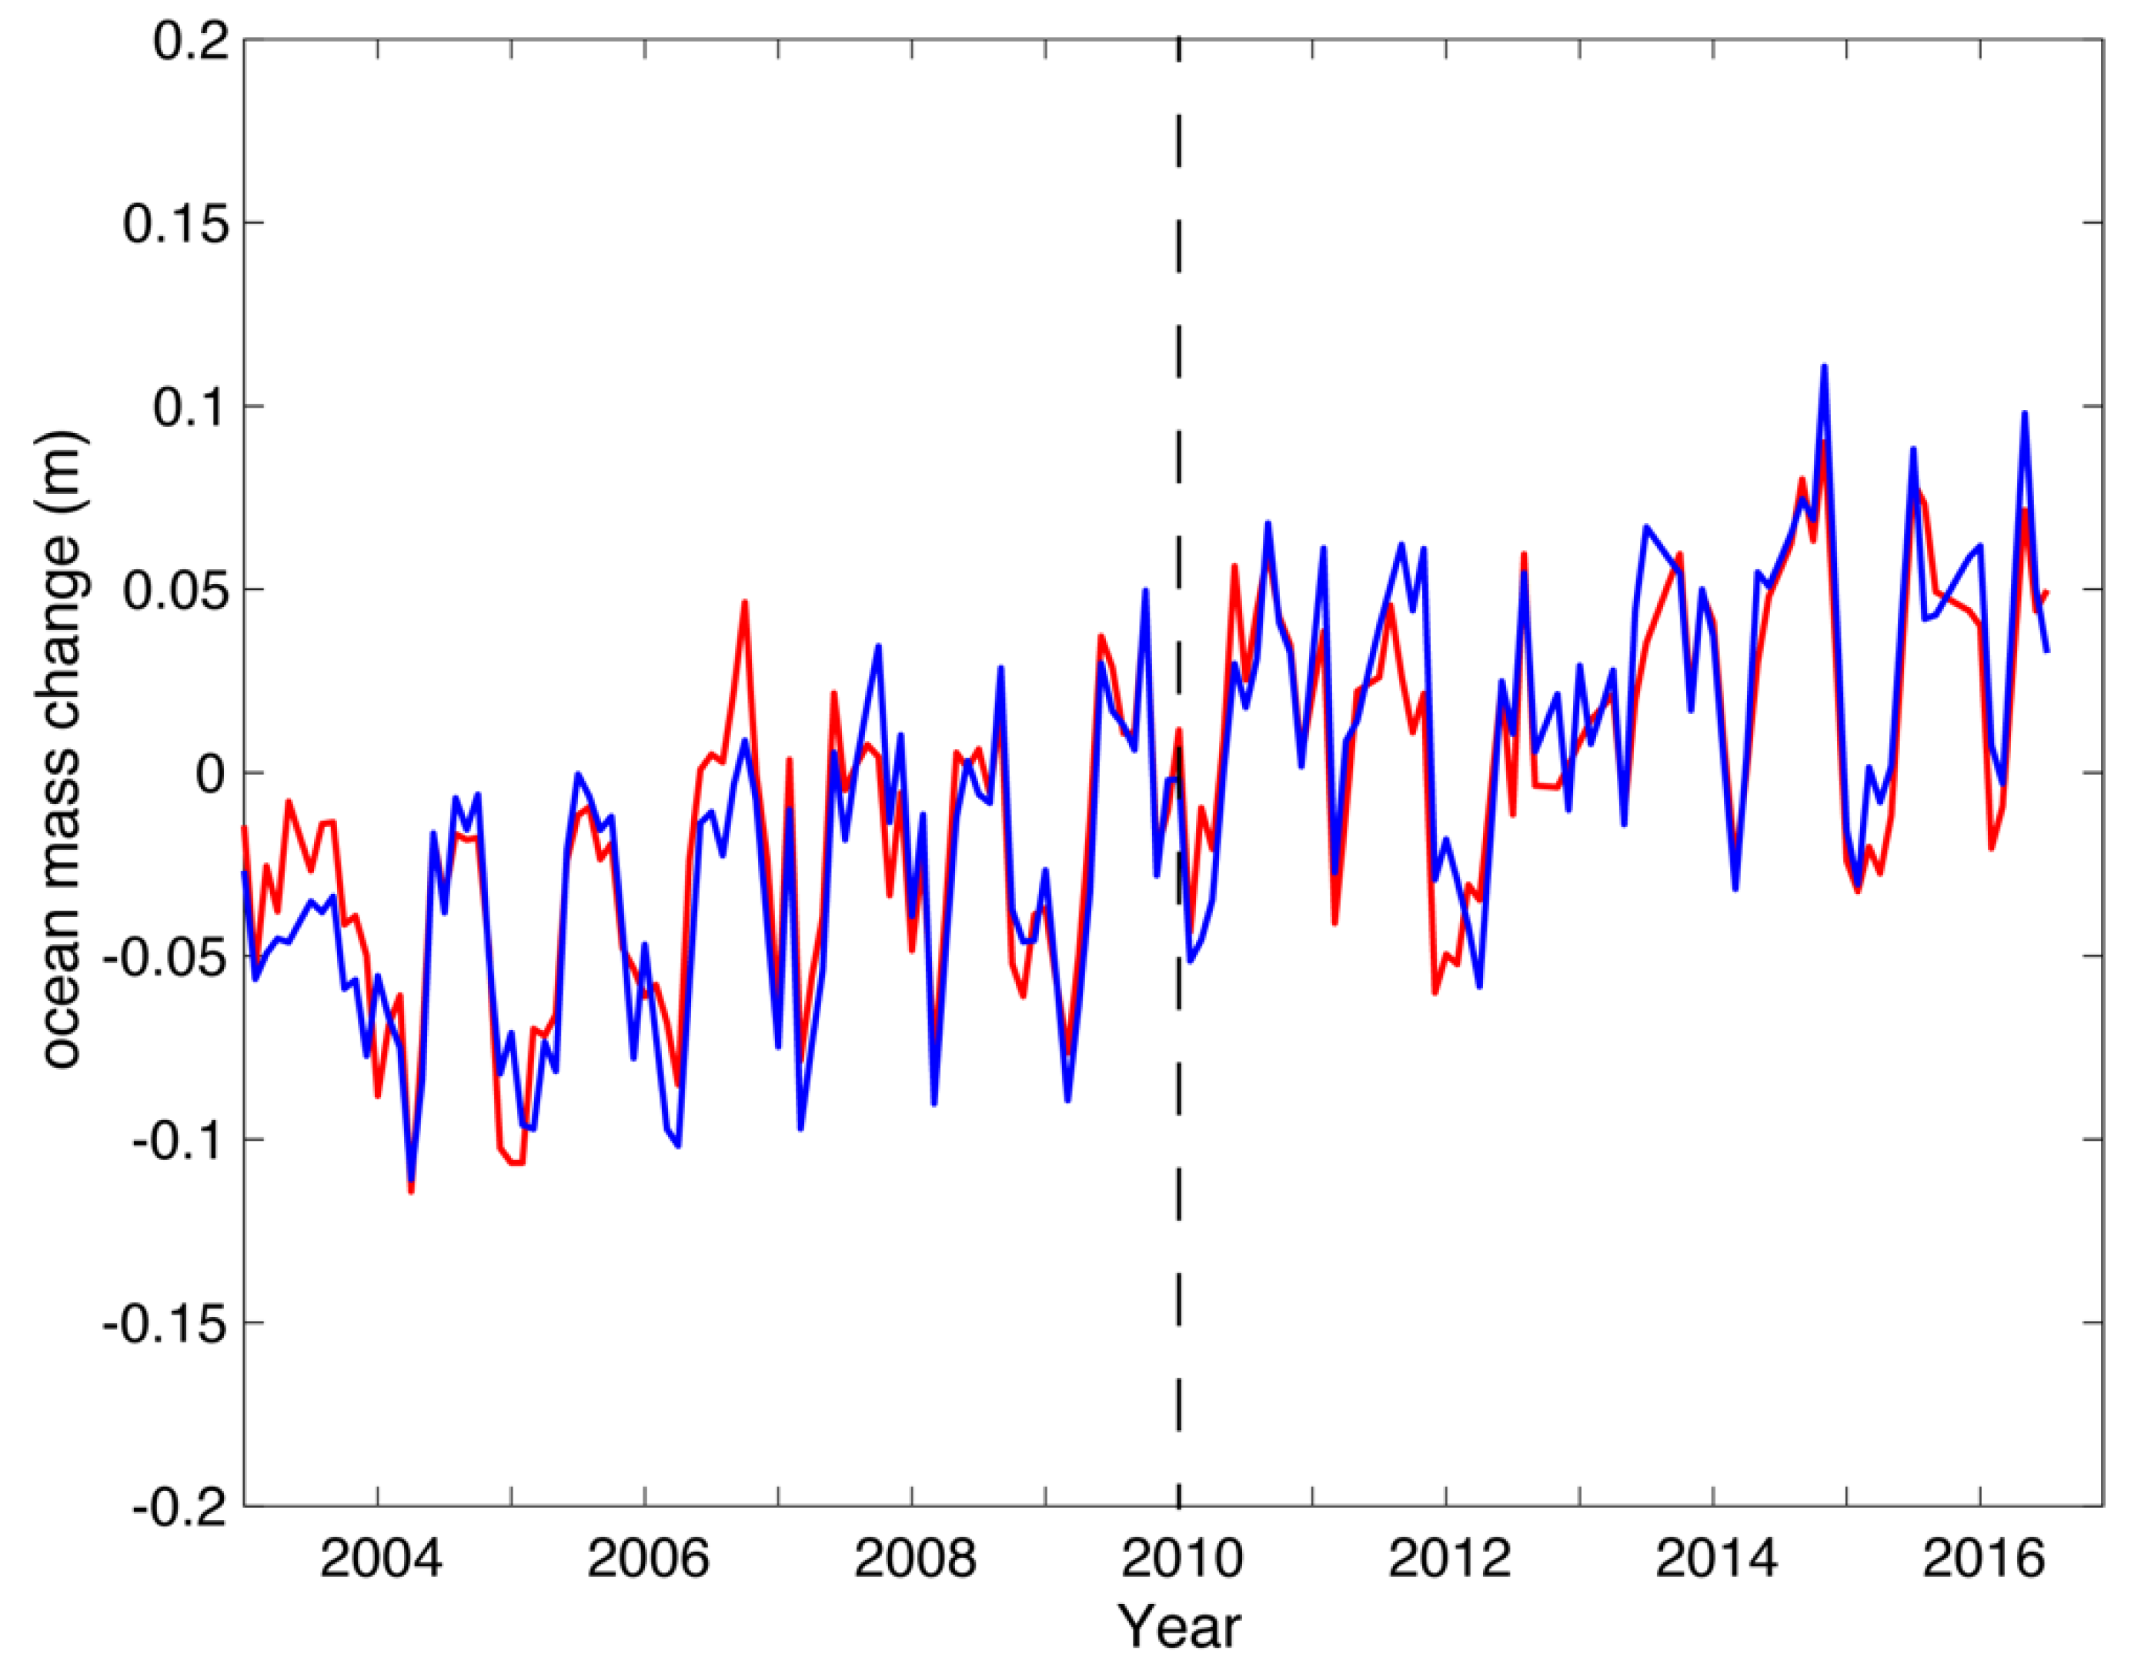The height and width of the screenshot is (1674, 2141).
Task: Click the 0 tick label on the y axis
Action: click(x=211, y=774)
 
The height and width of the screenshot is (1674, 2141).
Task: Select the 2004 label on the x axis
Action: click(x=380, y=1559)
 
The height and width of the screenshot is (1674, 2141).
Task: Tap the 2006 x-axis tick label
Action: click(x=647, y=1559)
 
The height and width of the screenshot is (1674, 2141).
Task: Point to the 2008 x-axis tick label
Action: click(x=914, y=1559)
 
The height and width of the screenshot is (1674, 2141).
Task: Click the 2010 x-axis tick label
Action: click(x=1181, y=1559)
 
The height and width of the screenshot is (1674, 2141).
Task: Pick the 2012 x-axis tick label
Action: click(x=1449, y=1559)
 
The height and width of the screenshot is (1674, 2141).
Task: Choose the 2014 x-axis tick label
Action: click(x=1715, y=1559)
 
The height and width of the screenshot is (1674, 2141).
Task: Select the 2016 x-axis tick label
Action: click(x=1983, y=1559)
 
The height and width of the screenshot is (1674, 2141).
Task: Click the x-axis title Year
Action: click(x=1181, y=1627)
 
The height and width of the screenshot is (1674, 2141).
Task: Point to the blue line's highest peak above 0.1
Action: click(x=1825, y=368)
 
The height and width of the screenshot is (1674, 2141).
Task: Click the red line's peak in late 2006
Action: click(x=745, y=603)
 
